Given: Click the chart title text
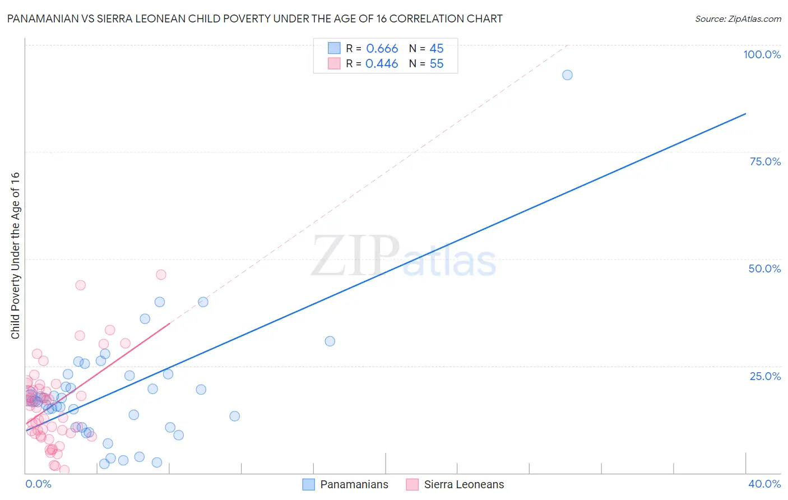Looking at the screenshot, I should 254,18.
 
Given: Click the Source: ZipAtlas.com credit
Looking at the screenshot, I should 738,18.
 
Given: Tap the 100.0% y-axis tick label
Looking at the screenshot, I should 762,54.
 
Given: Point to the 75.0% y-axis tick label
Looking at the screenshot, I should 765,161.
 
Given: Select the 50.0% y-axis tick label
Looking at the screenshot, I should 764,268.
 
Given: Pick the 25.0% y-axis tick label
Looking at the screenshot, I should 765,376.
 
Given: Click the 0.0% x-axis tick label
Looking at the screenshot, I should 38,484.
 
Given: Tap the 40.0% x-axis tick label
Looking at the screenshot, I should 764,484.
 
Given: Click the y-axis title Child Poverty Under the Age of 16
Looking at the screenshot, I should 15,255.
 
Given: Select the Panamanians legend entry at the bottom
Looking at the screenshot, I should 345,484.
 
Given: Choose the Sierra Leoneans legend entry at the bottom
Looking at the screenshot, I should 455,484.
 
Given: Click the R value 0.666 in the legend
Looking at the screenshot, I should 382,49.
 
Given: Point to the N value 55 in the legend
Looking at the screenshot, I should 437,64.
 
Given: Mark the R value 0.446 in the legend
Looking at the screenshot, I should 382,64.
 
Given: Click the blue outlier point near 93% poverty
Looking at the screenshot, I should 567,75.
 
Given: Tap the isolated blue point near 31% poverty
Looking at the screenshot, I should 330,341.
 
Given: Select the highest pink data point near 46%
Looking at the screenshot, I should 161,275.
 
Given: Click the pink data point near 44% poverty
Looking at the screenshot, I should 81,285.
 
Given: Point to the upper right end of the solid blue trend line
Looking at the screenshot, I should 745,114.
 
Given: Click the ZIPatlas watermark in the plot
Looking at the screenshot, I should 404,257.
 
